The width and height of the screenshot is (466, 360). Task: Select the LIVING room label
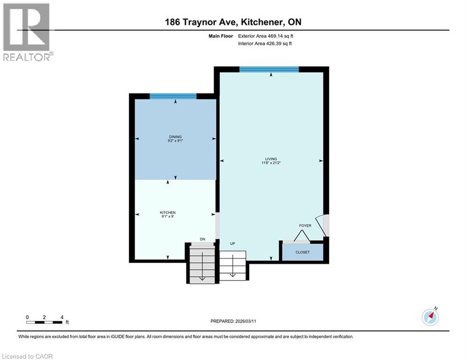point(271,161)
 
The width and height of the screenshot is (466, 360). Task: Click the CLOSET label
point(302,252)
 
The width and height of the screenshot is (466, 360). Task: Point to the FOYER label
point(305,225)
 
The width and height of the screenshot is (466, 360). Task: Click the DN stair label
point(202,240)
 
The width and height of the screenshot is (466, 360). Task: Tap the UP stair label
point(232,244)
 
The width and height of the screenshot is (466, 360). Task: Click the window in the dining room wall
point(173,96)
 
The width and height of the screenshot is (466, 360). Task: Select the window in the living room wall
point(269,69)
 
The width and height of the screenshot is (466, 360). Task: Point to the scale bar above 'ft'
point(44,322)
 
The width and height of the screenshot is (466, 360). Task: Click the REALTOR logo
point(27,32)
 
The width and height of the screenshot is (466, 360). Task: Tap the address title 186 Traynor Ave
point(232,22)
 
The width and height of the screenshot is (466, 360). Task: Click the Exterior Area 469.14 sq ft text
point(266,36)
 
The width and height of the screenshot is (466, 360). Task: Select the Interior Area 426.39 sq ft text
point(266,44)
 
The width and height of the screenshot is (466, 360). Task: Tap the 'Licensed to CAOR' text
point(28,356)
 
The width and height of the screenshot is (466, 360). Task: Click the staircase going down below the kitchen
point(202,265)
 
